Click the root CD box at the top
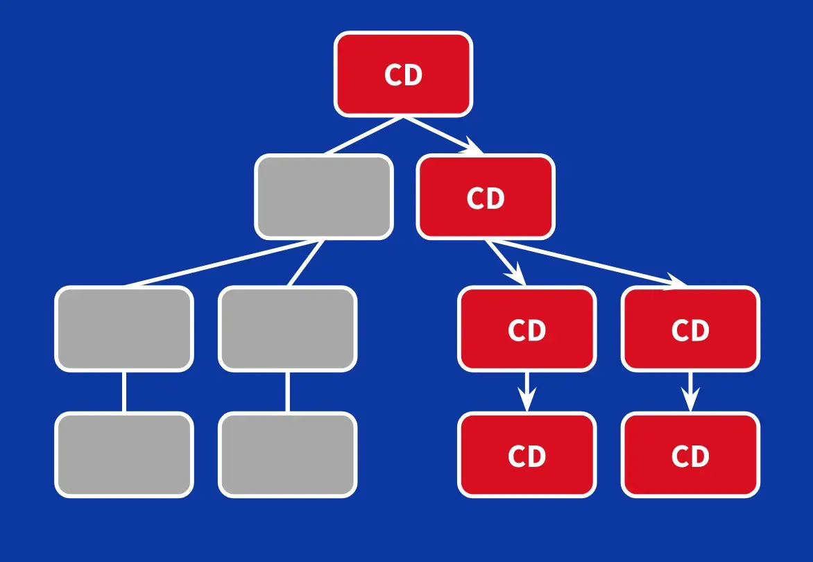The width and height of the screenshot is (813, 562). tap(403, 74)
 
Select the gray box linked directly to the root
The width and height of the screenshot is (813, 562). tap(324, 196)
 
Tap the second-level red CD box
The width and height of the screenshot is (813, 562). tap(486, 197)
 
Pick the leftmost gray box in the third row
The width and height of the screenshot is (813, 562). tap(124, 328)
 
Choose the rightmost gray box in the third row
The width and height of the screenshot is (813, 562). tap(288, 328)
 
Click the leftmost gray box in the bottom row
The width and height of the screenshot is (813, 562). tap(124, 455)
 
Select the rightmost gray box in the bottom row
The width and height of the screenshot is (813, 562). tap(288, 455)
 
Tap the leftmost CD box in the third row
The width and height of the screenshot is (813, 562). tap(527, 329)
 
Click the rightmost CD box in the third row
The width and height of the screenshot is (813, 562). tap(691, 329)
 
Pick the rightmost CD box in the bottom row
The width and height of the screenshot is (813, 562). tap(691, 455)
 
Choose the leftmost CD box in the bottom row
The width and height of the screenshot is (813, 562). tap(527, 455)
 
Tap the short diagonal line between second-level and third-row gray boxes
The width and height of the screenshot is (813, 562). tap(306, 263)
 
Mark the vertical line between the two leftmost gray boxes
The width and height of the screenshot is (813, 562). tap(124, 392)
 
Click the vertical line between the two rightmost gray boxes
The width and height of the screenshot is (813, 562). tap(287, 392)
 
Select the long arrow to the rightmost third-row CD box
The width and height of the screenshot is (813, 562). tap(590, 262)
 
